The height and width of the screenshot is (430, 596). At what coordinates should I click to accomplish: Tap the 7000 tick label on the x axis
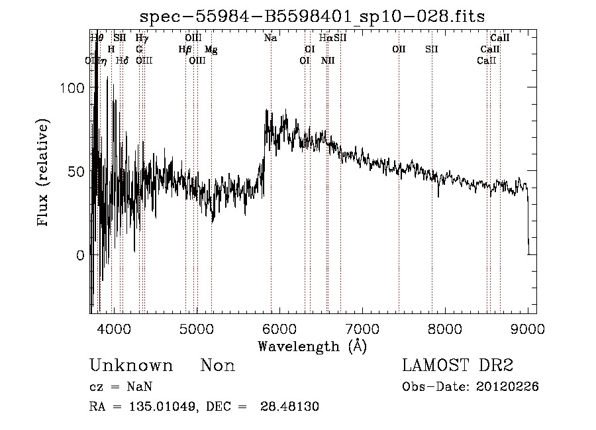(362, 328)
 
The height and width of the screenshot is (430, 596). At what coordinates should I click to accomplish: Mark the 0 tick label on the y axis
(79, 255)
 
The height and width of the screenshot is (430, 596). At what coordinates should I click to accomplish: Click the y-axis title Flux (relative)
(44, 173)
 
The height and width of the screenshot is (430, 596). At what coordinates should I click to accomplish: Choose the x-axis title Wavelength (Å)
(312, 346)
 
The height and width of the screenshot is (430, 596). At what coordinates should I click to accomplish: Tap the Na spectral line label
(270, 38)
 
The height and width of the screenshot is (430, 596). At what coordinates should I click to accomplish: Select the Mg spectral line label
(211, 50)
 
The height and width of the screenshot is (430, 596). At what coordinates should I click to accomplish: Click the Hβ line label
(185, 50)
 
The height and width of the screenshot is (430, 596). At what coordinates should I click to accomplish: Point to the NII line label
(328, 61)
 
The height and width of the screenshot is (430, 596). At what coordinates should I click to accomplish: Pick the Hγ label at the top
(142, 38)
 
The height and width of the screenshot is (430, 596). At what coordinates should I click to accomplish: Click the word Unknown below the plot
(131, 366)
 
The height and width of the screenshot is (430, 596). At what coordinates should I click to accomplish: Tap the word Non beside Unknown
(218, 366)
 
